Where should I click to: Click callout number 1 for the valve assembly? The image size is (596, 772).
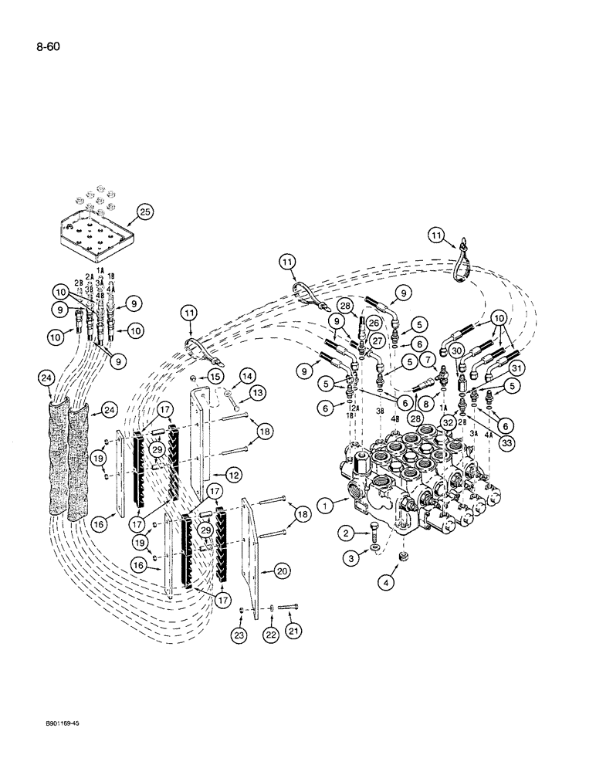pyautogui.click(x=326, y=504)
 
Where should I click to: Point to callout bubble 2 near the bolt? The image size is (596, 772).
pyautogui.click(x=347, y=532)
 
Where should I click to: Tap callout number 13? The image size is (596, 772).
pyautogui.click(x=259, y=393)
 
